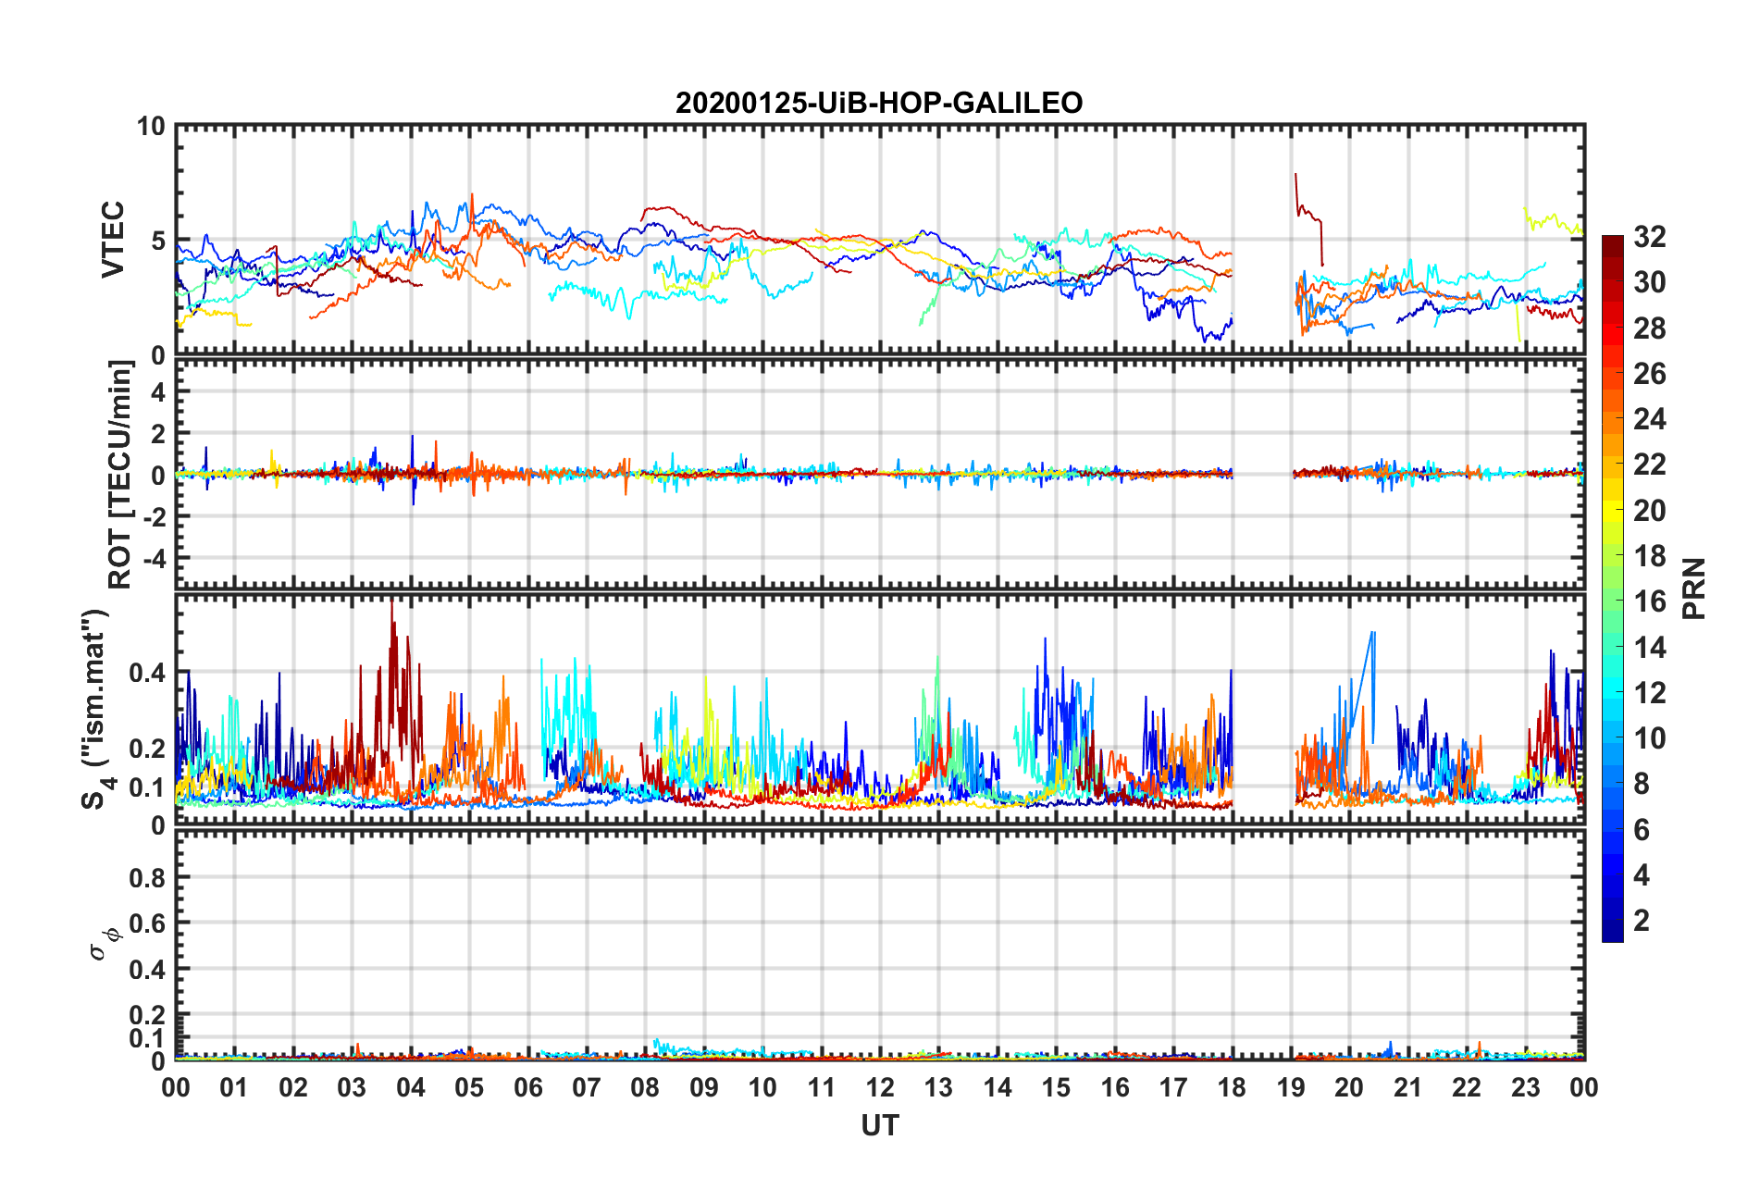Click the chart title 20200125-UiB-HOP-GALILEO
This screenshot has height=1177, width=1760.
[878, 103]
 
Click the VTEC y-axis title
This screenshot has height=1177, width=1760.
[113, 240]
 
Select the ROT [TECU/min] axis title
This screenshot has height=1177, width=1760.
[120, 475]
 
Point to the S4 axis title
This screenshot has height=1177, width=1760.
[95, 709]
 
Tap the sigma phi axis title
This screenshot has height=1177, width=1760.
[102, 943]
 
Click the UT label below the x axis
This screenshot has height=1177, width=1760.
[879, 1125]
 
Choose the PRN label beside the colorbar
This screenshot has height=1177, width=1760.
[1694, 588]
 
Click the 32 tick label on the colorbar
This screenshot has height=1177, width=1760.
[1649, 237]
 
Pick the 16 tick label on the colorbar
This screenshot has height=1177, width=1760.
[1649, 601]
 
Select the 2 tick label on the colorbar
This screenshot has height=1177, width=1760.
[1642, 920]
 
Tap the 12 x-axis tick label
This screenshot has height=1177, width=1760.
[880, 1087]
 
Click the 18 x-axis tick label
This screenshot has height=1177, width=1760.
[1232, 1087]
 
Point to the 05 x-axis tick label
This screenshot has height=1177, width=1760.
[469, 1087]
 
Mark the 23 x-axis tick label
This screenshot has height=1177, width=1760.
[1525, 1087]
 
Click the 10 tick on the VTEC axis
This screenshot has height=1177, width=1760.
[151, 127]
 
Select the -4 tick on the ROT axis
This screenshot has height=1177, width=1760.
[151, 559]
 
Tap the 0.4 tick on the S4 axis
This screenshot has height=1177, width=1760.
[147, 673]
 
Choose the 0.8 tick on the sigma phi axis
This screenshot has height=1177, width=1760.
[147, 877]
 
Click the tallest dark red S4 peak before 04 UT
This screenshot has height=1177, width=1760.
[392, 603]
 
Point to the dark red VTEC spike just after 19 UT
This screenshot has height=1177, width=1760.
[1295, 175]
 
